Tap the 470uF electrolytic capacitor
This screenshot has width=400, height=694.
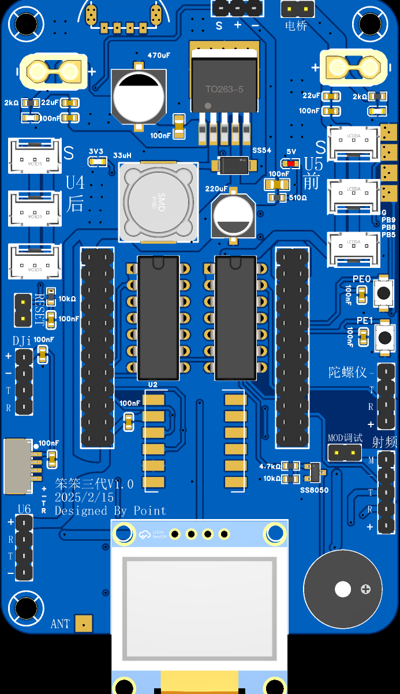click(x=139, y=96)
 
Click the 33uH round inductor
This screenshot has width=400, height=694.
click(x=158, y=202)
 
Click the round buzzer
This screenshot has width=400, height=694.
click(x=342, y=589)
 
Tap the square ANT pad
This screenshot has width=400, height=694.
click(x=84, y=624)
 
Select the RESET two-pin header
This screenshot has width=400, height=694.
click(x=23, y=308)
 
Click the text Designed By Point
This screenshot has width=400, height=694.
click(x=110, y=510)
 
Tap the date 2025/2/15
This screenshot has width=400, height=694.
click(x=85, y=497)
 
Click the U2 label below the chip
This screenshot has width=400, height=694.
click(x=152, y=384)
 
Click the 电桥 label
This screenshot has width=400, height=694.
click(x=296, y=25)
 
